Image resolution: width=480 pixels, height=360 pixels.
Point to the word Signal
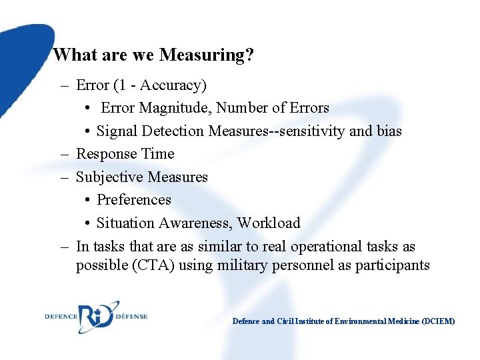117,131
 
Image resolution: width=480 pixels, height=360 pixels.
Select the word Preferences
133,200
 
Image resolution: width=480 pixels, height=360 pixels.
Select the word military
243,266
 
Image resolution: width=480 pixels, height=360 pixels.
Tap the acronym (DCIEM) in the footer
437,321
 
